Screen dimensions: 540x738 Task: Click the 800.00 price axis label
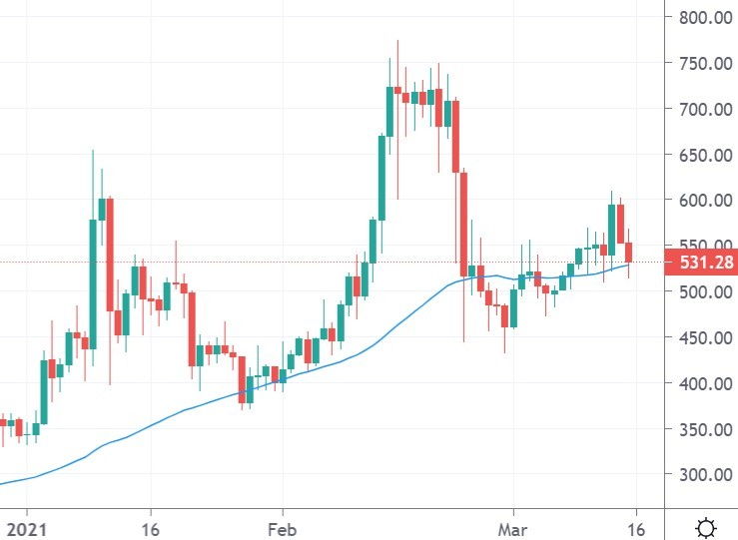(x=702, y=17)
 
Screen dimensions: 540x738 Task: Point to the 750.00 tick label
(x=702, y=63)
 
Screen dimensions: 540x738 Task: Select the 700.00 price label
(x=702, y=109)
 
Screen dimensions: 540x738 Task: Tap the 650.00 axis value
(x=702, y=155)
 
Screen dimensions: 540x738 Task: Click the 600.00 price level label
(x=702, y=201)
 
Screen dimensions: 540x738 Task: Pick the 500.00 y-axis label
(x=702, y=291)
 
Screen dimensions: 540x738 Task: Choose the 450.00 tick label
(x=702, y=337)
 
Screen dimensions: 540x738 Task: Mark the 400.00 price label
(x=702, y=383)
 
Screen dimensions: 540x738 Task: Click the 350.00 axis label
(x=702, y=429)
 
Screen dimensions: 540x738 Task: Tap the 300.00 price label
(x=702, y=475)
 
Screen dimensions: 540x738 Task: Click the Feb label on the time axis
(x=283, y=526)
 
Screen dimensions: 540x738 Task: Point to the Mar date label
(x=511, y=526)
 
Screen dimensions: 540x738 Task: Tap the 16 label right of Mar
(x=636, y=526)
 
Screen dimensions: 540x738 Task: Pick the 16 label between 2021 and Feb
(x=151, y=526)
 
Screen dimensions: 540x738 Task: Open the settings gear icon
(x=706, y=526)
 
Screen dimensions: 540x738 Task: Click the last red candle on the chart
(x=630, y=254)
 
